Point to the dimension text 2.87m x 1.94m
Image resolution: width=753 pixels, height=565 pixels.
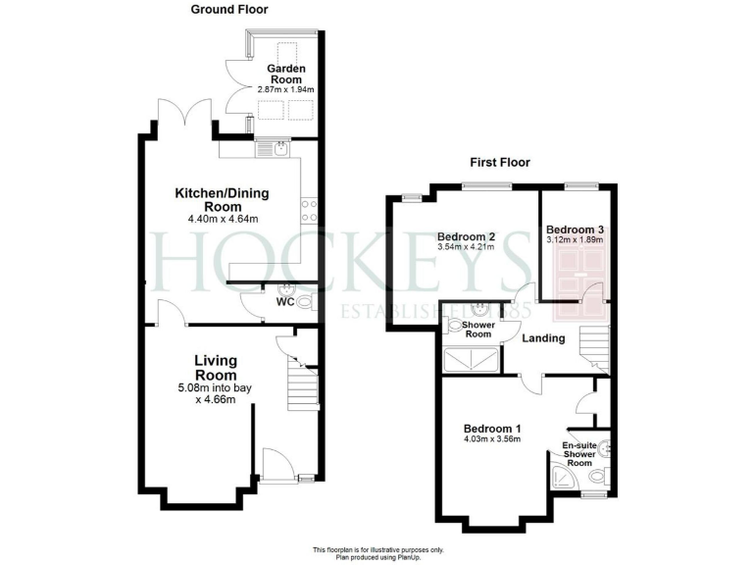[x=286, y=89]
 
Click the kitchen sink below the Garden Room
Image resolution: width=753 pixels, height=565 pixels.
[x=279, y=149]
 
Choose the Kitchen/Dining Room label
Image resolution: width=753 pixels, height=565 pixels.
[x=222, y=199]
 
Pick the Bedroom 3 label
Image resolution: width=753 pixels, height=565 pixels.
[x=576, y=229]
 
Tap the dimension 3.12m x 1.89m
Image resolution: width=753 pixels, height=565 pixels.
[x=576, y=240]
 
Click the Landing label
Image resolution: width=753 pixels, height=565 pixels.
[x=542, y=338]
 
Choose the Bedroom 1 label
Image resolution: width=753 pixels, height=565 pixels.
[x=491, y=429]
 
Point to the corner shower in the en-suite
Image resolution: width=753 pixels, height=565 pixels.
[x=565, y=478]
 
